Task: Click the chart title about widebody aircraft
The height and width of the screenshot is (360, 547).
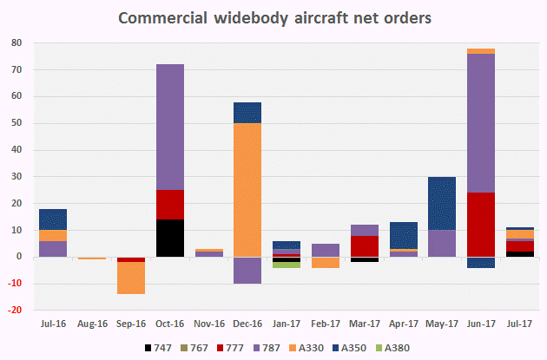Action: coord(273,17)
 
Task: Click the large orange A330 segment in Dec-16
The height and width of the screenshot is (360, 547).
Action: coord(222,190)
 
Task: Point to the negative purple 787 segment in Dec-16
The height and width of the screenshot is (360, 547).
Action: coord(222,270)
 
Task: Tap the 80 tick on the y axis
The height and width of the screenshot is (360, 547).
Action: coord(16,43)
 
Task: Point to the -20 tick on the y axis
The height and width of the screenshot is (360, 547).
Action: coord(15,311)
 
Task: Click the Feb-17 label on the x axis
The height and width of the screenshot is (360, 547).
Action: coord(325,324)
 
